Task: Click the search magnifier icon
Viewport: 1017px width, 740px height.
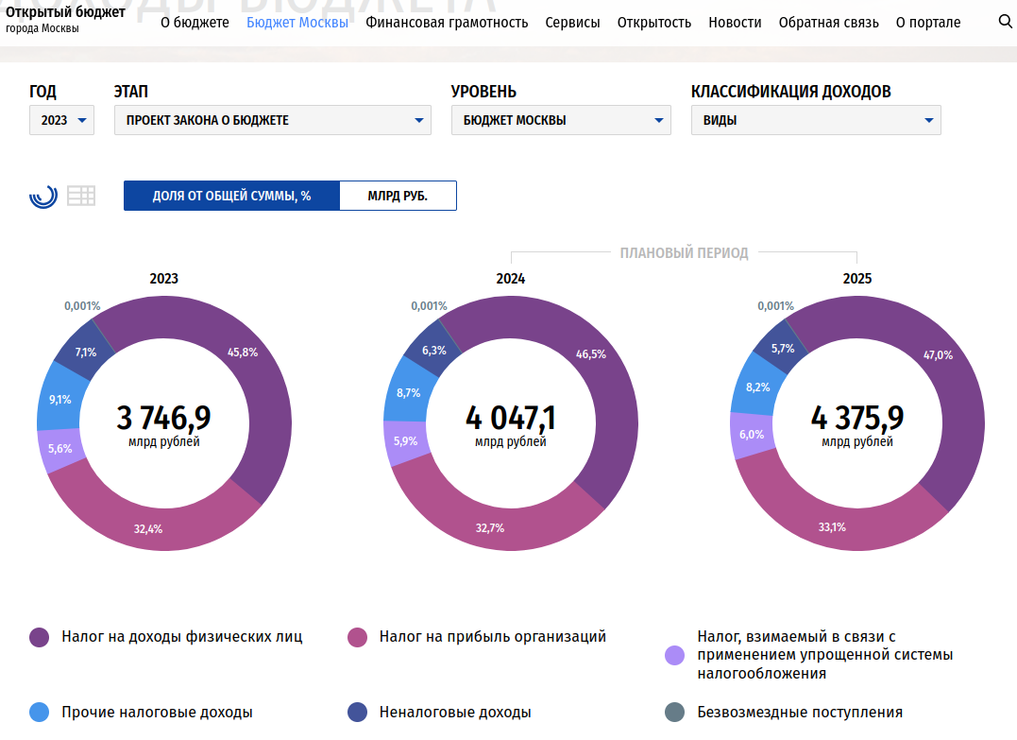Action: [x=1005, y=22]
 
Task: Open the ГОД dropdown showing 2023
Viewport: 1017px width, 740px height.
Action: [x=61, y=120]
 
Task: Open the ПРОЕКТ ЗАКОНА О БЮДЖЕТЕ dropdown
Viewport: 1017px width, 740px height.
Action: [x=272, y=120]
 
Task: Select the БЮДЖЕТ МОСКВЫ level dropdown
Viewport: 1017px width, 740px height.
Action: [x=561, y=120]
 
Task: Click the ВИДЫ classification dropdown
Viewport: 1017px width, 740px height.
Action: [x=816, y=120]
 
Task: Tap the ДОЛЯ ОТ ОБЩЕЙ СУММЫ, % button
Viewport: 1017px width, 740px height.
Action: [x=231, y=196]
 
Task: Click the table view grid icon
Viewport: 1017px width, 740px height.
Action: [x=81, y=196]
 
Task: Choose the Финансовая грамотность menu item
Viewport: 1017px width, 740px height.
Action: [x=447, y=23]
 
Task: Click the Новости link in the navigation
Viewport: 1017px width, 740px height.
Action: [x=735, y=23]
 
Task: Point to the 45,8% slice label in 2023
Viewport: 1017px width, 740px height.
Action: [x=243, y=352]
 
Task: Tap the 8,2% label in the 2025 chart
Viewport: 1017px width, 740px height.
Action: [x=757, y=387]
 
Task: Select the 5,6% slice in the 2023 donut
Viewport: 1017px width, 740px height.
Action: [x=59, y=449]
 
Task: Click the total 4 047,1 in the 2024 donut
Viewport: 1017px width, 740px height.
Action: [x=511, y=418]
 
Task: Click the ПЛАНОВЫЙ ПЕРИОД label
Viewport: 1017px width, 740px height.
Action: [x=685, y=252]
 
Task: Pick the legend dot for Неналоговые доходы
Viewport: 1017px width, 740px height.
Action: [x=357, y=712]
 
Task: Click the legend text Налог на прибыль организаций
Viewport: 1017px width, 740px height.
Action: [x=492, y=637]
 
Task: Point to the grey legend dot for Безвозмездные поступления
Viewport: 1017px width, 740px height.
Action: [x=674, y=712]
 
